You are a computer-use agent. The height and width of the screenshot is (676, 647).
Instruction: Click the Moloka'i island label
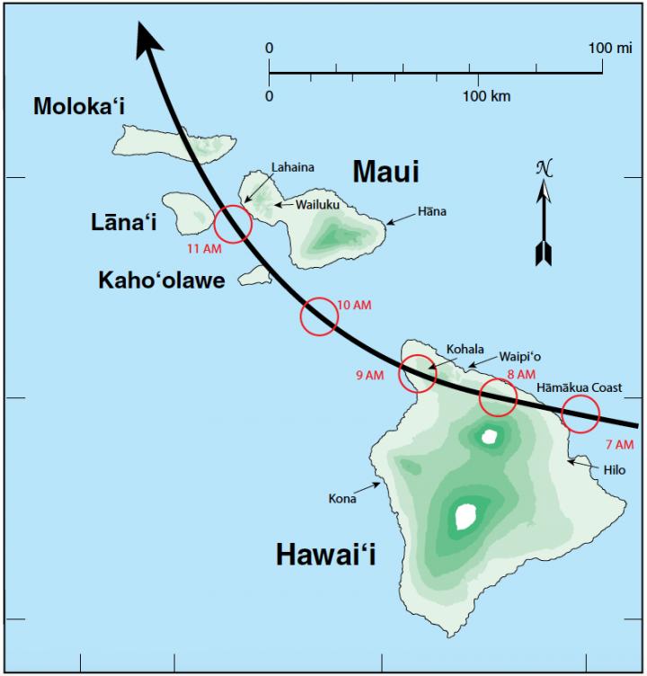pos(79,107)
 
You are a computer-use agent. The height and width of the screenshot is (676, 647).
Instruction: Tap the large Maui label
pos(386,171)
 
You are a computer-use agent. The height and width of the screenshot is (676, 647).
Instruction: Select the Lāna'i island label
pos(124,221)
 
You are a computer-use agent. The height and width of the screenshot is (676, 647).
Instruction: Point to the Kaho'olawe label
pos(162,280)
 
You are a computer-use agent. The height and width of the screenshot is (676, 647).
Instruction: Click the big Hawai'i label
pos(325,556)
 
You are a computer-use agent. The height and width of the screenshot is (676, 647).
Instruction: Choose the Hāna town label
pos(431,212)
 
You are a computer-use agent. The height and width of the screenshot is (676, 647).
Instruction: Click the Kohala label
pos(465,349)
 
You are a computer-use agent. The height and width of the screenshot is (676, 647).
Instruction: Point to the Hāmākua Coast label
pos(580,387)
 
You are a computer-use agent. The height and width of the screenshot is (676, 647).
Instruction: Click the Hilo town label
pos(614,469)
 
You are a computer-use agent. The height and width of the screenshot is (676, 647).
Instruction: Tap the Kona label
pos(342,498)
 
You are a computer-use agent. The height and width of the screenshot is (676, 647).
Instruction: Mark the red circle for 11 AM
pos(233,224)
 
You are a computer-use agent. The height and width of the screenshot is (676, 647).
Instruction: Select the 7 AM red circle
pos(581,414)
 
